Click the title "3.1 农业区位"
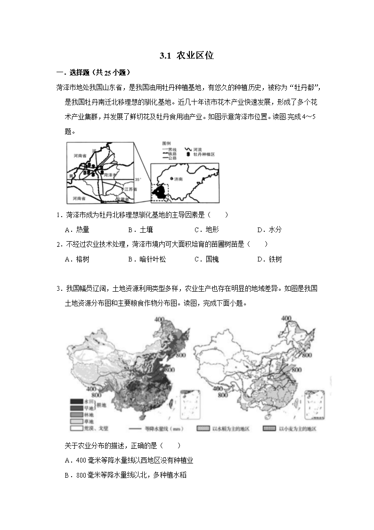tap(187, 56)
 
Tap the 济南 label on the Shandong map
tap(177, 179)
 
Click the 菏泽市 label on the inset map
tap(111, 175)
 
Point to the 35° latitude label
tap(138, 179)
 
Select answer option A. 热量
tap(77, 230)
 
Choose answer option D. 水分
tap(269, 230)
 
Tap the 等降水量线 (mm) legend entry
tap(156, 429)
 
